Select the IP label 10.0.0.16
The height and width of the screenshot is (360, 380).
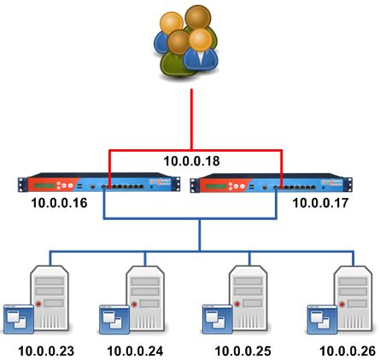click(x=57, y=203)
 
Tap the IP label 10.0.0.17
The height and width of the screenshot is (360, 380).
click(x=321, y=203)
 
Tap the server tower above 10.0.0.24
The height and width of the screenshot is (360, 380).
click(x=146, y=294)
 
